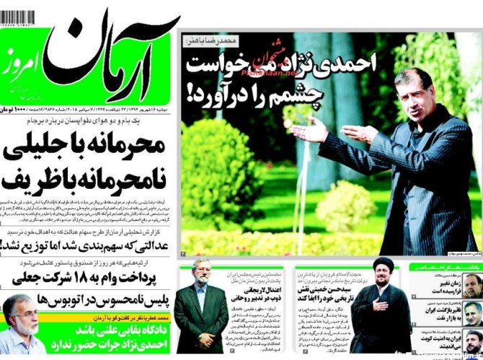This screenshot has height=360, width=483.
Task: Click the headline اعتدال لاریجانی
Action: (249, 289)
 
